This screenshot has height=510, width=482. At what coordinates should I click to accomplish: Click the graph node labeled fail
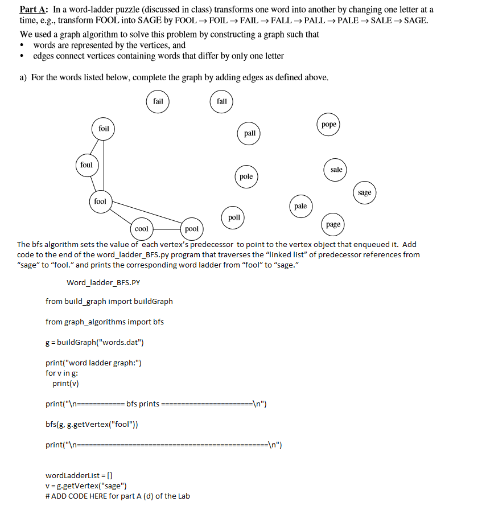click(x=158, y=101)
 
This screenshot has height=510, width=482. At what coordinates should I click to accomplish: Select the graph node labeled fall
click(x=222, y=101)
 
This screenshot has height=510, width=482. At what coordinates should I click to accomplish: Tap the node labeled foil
click(x=104, y=129)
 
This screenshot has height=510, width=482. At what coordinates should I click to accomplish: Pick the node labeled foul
click(x=86, y=165)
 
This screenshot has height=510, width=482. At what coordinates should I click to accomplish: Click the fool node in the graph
click(x=100, y=201)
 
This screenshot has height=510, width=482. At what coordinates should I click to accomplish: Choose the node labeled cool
click(x=141, y=229)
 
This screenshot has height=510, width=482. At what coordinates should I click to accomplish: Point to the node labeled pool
click(x=192, y=229)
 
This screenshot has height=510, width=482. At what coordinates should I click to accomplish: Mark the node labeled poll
click(x=234, y=217)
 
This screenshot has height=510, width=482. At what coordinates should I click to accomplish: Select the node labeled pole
click(x=246, y=176)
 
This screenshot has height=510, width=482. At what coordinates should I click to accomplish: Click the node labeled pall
click(x=250, y=133)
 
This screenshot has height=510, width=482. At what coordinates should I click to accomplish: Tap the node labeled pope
click(x=329, y=124)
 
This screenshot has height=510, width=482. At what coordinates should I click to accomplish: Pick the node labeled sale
click(x=336, y=170)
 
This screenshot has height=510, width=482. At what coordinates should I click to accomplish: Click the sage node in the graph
click(x=365, y=192)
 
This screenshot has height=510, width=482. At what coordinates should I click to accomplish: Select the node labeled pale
click(x=300, y=206)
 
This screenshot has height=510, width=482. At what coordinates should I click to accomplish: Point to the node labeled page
click(x=333, y=224)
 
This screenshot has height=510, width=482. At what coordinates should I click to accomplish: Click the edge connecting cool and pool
click(x=166, y=229)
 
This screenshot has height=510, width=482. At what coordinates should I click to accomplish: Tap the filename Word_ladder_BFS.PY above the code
click(x=103, y=282)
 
